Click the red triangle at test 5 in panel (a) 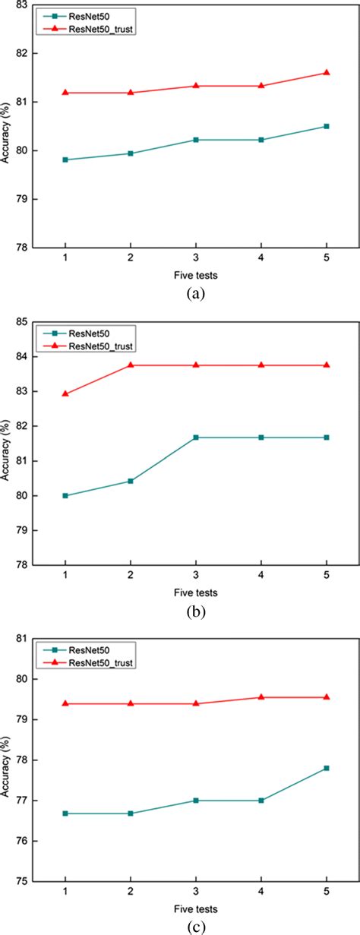coord(327,72)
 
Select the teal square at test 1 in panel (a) coord(65,160)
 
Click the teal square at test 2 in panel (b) coord(131,481)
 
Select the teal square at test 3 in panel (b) coord(196,437)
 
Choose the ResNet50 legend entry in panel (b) coord(87,333)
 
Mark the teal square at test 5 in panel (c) coord(327,768)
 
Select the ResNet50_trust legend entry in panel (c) coord(96,662)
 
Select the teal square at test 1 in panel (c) coord(65,813)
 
